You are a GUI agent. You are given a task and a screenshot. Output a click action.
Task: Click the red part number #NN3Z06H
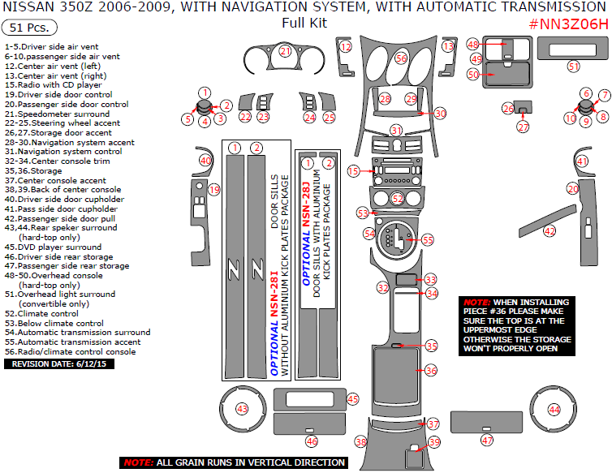click(x=568, y=24)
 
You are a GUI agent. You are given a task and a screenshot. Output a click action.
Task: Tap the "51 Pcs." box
click(x=27, y=27)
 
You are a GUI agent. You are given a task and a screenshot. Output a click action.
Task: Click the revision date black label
click(x=48, y=363)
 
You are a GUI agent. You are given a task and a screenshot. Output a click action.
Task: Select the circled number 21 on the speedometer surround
click(x=285, y=51)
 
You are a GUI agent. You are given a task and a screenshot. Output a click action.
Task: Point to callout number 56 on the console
click(x=401, y=58)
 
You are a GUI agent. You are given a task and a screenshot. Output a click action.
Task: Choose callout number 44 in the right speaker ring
click(x=554, y=410)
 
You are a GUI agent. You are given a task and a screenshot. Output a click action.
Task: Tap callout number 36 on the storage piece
click(x=431, y=370)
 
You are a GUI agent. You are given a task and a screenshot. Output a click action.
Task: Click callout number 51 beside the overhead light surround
click(x=574, y=66)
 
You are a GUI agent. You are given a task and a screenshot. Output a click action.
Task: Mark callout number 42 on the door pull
click(x=550, y=231)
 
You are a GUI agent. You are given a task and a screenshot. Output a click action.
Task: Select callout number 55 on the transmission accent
click(x=428, y=239)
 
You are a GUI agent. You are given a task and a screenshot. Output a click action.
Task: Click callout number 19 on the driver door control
click(x=213, y=189)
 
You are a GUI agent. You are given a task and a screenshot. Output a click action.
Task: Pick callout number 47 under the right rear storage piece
click(x=487, y=440)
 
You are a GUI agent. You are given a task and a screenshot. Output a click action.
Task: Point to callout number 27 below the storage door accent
click(x=523, y=127)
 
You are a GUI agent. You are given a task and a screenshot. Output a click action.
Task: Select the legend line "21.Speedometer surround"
click(x=57, y=114)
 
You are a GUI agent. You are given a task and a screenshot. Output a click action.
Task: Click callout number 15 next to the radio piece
click(x=353, y=171)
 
